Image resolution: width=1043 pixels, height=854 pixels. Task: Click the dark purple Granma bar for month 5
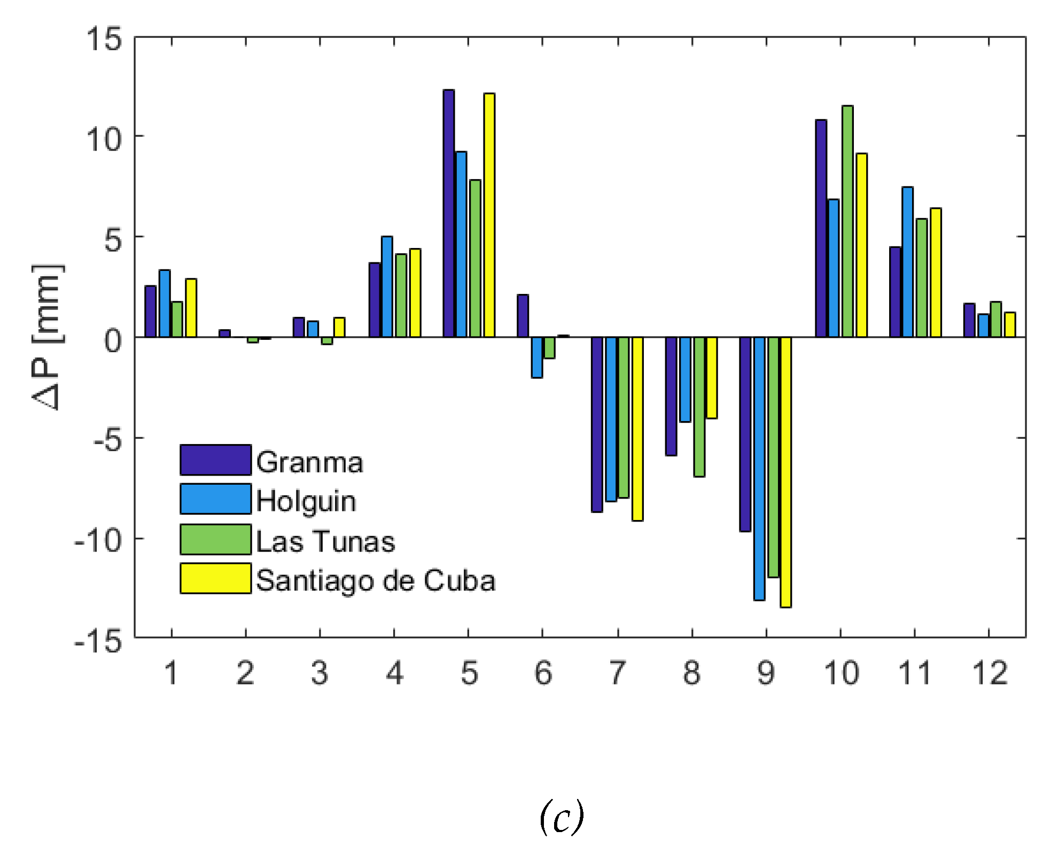point(448,214)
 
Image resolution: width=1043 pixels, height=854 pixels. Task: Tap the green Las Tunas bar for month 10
point(847,221)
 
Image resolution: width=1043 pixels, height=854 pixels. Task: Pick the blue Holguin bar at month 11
point(907,262)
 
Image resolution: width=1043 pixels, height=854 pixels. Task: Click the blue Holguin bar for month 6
point(536,357)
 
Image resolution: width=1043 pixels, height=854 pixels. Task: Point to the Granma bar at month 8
point(671,396)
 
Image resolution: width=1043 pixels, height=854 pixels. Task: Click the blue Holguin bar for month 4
point(387,286)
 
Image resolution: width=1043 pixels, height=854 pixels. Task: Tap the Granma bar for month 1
point(151,312)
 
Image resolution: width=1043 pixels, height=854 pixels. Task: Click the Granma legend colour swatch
point(215,460)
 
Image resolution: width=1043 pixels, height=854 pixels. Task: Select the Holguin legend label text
point(306,501)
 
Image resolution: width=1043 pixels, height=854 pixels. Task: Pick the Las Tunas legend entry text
point(325,541)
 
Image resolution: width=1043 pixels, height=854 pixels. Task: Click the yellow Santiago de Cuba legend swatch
point(215,578)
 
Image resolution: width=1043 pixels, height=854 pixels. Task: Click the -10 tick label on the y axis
point(98,541)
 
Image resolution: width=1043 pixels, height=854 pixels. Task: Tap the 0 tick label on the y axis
point(113,340)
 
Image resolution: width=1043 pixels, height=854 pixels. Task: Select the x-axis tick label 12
point(990,673)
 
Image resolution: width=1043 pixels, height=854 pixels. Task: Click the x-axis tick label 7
point(617,673)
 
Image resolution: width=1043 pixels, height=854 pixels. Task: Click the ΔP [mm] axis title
point(48,337)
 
